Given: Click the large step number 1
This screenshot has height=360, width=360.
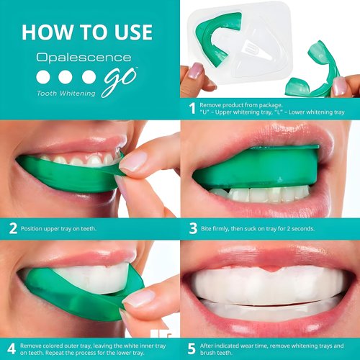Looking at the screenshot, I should click(192, 108).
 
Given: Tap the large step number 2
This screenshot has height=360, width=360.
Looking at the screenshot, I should click(12, 228).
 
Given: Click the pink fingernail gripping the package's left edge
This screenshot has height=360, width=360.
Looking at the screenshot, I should click(194, 70).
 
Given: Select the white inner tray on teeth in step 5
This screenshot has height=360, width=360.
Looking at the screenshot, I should click(266, 284).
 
